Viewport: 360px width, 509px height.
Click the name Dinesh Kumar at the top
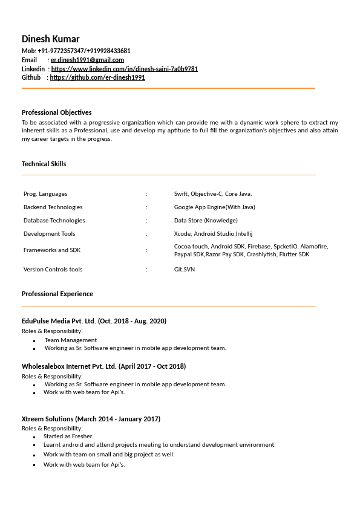[51, 39]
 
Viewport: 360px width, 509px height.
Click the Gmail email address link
[87, 60]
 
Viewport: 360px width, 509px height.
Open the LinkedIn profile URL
[124, 69]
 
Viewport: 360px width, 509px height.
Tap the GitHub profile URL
[97, 77]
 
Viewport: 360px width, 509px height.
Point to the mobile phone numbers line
[76, 51]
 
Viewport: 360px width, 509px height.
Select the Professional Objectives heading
[57, 112]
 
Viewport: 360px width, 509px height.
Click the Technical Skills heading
[44, 164]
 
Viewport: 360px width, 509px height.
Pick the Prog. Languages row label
[45, 194]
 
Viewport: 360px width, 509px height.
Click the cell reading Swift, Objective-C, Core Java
[213, 194]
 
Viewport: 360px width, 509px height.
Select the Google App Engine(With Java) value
[215, 207]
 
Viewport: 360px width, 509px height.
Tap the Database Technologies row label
[54, 221]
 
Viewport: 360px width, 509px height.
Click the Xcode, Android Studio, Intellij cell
[213, 234]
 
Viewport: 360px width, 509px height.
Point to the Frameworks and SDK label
[52, 250]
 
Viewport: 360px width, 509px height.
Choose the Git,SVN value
[185, 270]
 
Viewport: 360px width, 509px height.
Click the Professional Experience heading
[57, 294]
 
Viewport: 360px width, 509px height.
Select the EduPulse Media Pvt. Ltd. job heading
[94, 321]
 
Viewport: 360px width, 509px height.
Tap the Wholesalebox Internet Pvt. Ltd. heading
[103, 366]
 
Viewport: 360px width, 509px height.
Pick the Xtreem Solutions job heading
[91, 419]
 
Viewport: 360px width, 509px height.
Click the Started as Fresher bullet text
[68, 436]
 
